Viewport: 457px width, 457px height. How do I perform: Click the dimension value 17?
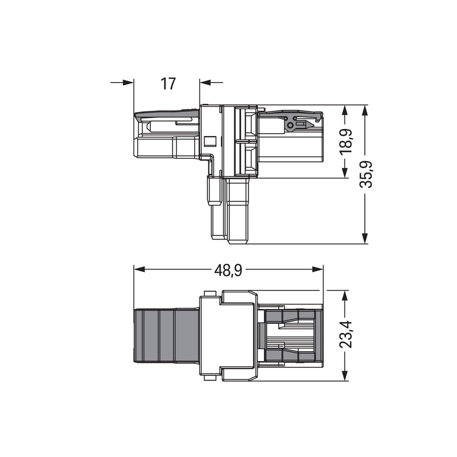168,83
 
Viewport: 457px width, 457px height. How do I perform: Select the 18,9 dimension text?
346,141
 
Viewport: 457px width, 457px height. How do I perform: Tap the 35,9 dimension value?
366,174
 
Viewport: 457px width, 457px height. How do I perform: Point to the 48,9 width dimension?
228,270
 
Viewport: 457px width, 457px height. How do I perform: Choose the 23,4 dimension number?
346,335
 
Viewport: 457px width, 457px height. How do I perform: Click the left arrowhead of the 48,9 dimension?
139,269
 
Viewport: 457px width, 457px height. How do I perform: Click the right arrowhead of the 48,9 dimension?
318,269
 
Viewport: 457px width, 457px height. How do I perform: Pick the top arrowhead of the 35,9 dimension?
364,111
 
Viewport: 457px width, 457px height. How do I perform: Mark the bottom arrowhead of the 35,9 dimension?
364,238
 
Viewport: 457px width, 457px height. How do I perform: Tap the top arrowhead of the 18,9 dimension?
345,111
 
